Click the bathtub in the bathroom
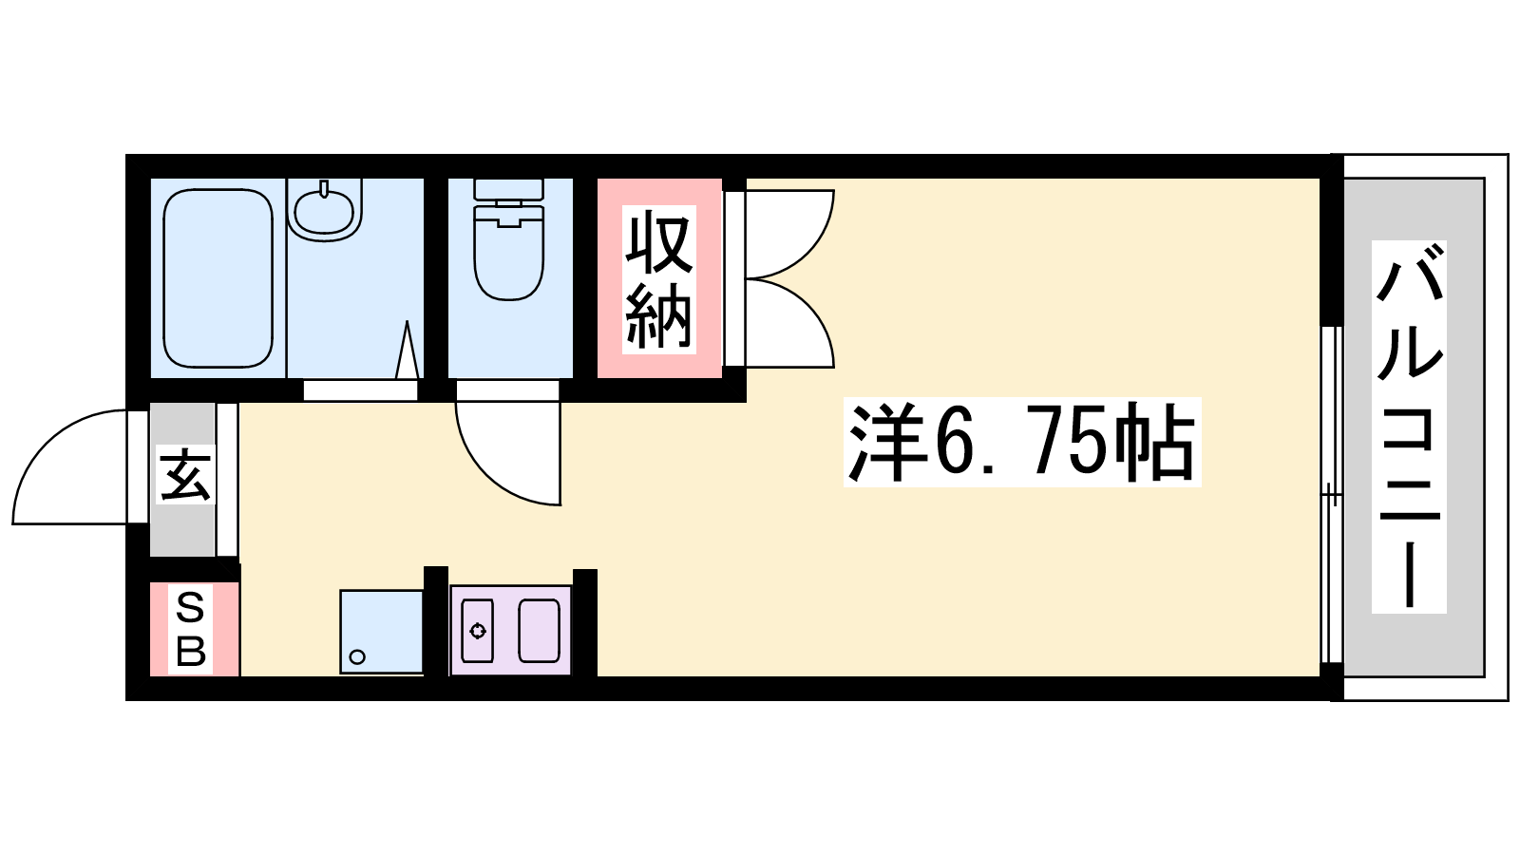pos(218,278)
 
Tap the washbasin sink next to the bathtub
pos(324,210)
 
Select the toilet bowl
pos(509,251)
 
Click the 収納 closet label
pos(659,279)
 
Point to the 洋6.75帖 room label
pos(1022,442)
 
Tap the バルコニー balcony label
pos(1409,427)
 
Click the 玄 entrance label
pos(185,474)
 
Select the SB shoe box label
pos(191,630)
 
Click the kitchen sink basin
pos(540,631)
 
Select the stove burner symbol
pos(478,631)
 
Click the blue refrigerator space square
pos(381,632)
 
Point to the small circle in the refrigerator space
pos(357,656)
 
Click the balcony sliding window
pos(1331,495)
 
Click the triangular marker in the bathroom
pos(408,350)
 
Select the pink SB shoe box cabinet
pos(195,629)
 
